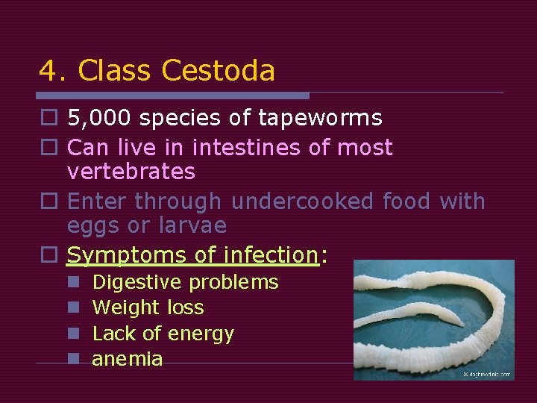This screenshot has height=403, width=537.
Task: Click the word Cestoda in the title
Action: point(219,71)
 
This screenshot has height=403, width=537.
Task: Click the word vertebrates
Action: point(131,172)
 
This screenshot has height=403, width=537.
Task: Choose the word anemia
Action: point(127,359)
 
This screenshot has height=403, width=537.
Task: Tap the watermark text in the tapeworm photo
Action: point(486,374)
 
